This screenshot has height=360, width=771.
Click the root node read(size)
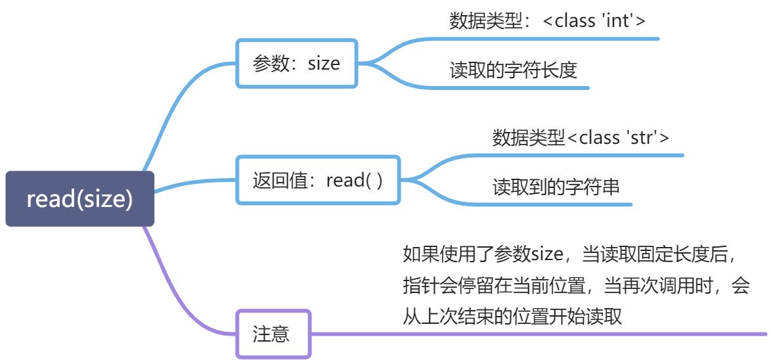coord(79,199)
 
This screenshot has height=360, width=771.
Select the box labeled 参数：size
coord(296,63)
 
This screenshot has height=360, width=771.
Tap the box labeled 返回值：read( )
coord(317,180)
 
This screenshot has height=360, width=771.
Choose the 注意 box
coord(271,334)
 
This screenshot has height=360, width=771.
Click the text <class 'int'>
coord(594,20)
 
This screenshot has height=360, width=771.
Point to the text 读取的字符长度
coord(513,70)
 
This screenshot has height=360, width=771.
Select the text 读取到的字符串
coord(556,187)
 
